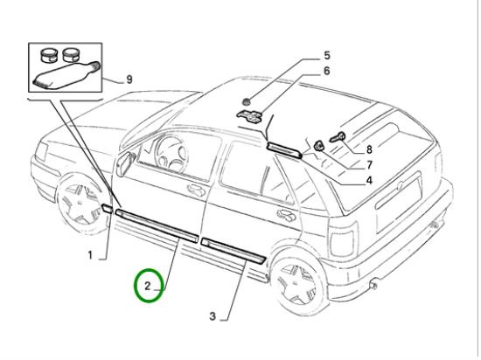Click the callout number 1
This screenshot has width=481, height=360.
[x=90, y=255]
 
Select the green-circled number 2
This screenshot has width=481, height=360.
[x=148, y=286]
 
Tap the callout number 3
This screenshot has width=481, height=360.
[x=213, y=316]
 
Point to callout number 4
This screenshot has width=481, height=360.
[x=369, y=181]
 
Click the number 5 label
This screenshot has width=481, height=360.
[x=327, y=55]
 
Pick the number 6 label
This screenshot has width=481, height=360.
[x=327, y=71]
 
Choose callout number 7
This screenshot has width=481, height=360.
[x=369, y=165]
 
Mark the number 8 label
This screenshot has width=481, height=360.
[x=369, y=149]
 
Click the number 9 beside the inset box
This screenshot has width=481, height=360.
[x=129, y=80]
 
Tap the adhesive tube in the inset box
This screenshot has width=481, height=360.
[x=66, y=75]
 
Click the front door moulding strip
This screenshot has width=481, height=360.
[x=157, y=225]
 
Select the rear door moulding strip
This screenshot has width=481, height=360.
[x=233, y=250]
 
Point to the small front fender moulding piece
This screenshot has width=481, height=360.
[x=107, y=208]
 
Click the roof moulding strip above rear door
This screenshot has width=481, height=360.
[x=284, y=150]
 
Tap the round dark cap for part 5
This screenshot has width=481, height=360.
[x=246, y=102]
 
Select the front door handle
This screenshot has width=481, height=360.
[x=197, y=190]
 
